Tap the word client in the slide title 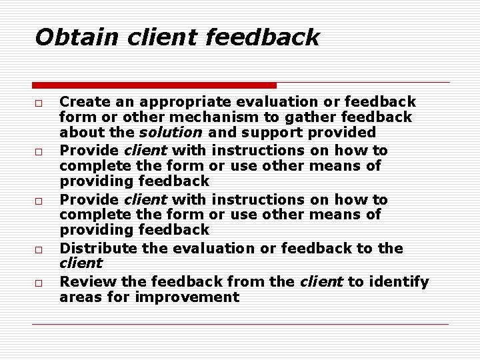(163, 37)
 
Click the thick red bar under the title (154, 85)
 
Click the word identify (399, 282)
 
